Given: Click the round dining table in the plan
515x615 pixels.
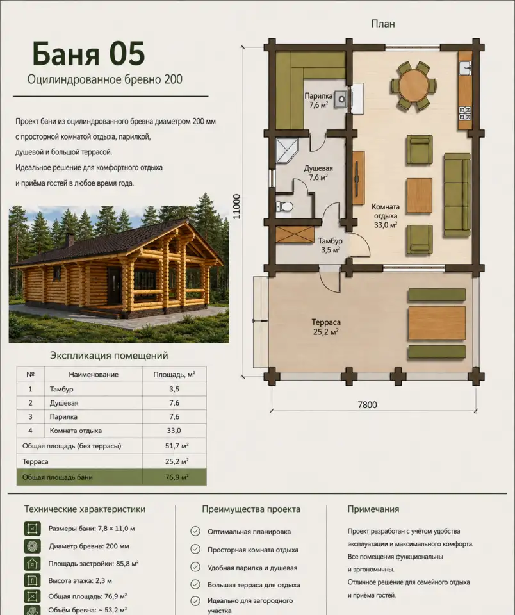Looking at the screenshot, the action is point(413,85).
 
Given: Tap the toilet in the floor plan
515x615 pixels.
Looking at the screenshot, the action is point(284,206).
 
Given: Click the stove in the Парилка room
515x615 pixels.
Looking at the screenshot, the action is point(341,100).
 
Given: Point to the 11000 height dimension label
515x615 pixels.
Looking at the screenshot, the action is point(236,207).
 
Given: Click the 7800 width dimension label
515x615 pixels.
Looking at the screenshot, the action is point(367,404).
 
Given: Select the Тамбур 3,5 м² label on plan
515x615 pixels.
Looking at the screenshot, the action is point(331,245).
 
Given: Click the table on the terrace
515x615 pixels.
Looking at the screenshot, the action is point(437,324).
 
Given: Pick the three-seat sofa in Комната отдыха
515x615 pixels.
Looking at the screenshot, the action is point(457,195).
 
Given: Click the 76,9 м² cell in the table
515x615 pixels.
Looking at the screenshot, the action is point(177,477).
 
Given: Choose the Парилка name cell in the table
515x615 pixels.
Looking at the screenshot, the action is point(63,416).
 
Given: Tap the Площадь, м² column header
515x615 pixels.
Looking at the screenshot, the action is point(174,375).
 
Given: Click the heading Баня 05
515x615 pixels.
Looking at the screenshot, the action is point(88,53).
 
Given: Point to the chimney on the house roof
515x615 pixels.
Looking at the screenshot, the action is point(70,239).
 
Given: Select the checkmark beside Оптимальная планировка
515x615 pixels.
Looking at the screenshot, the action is point(195,531).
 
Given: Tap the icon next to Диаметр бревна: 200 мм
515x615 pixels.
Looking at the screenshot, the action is point(32,546).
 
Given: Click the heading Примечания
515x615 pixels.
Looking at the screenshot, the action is point(373,509).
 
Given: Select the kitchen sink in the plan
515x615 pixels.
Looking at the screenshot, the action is point(465,68).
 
